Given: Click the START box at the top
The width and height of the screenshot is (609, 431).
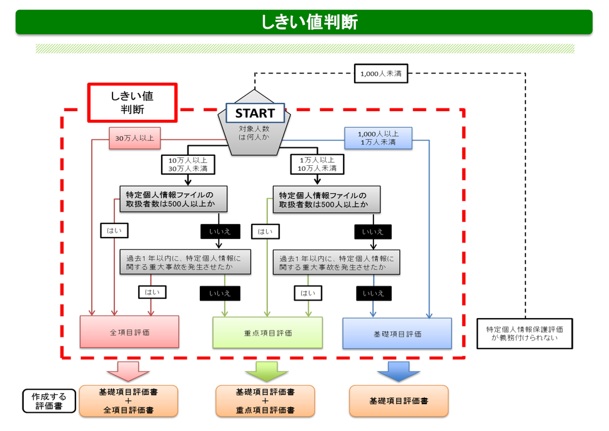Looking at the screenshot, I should [254, 113].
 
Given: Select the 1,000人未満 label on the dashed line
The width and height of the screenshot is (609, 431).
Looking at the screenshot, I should [380, 74].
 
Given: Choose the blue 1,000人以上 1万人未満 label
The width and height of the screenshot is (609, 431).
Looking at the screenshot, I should [377, 138].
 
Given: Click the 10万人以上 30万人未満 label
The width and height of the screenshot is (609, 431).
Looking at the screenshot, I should [187, 164].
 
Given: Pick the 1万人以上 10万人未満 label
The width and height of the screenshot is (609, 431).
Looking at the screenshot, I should [317, 164].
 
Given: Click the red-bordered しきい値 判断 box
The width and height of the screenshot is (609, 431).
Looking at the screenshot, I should [132, 102].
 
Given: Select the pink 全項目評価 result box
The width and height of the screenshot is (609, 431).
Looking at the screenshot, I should [129, 332].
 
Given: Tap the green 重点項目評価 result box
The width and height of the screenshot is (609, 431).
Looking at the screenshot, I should [267, 332].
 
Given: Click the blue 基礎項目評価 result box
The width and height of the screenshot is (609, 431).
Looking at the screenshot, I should [397, 333].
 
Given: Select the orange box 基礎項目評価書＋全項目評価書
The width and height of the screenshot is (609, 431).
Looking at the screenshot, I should [129, 401].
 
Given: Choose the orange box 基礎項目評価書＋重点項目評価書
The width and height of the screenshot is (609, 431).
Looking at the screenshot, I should [265, 401].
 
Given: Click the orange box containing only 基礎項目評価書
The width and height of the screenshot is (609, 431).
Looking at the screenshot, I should [398, 401].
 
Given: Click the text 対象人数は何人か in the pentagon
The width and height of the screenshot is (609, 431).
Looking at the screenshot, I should [254, 132].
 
